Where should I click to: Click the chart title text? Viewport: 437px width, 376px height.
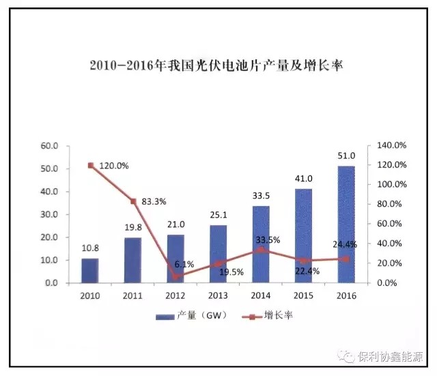pyautogui.click(x=217, y=66)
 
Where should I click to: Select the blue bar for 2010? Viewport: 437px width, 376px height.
pyautogui.click(x=90, y=270)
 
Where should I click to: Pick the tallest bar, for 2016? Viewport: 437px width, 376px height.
pyautogui.click(x=346, y=224)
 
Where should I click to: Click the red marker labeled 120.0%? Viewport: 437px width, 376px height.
pyautogui.click(x=91, y=165)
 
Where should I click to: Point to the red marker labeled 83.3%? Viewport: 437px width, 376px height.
pyautogui.click(x=133, y=201)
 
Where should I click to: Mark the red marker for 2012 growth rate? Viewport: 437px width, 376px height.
pyautogui.click(x=175, y=276)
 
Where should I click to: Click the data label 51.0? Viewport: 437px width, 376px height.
pyautogui.click(x=346, y=156)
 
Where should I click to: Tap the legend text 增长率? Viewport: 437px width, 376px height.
pyautogui.click(x=279, y=316)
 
